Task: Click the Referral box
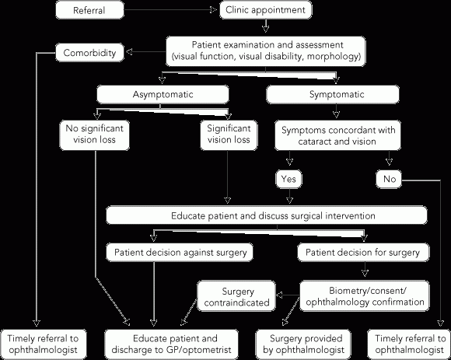(x=89, y=10)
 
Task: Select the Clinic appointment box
(x=265, y=10)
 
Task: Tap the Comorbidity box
(x=89, y=52)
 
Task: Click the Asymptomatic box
(x=163, y=94)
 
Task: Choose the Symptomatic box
(x=333, y=94)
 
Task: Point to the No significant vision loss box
(x=94, y=135)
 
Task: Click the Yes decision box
(x=289, y=179)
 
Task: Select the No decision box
(x=389, y=179)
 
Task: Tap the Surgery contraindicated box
(x=236, y=296)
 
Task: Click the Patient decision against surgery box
(x=180, y=252)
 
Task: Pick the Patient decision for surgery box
(x=363, y=252)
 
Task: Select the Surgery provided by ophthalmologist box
(x=303, y=344)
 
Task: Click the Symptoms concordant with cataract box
(x=337, y=135)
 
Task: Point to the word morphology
(x=334, y=56)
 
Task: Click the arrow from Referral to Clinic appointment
(x=170, y=10)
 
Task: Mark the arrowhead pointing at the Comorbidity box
(x=129, y=52)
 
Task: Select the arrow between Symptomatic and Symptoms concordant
(x=336, y=111)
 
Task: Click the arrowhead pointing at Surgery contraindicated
(x=279, y=295)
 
